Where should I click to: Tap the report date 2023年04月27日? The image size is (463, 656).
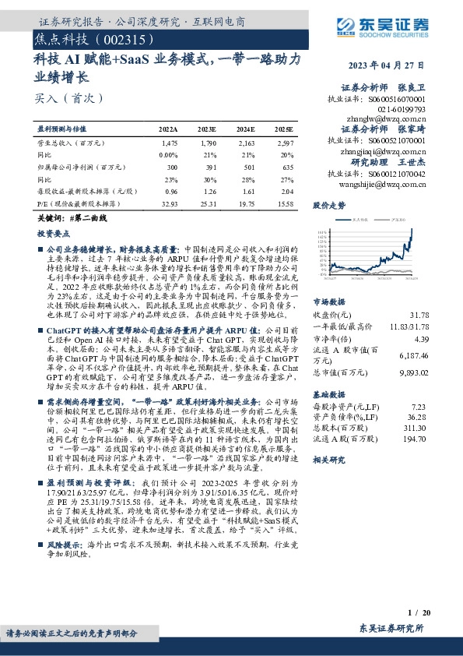(385, 65)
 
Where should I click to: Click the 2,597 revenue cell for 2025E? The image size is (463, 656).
(284, 144)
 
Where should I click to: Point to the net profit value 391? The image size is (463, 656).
(209, 167)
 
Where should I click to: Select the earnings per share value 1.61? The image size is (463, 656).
(247, 192)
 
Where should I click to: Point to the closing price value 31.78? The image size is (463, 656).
(418, 315)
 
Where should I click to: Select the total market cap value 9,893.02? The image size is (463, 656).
(412, 373)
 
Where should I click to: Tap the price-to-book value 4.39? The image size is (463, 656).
(420, 339)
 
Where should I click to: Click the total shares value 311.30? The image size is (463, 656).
(416, 429)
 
